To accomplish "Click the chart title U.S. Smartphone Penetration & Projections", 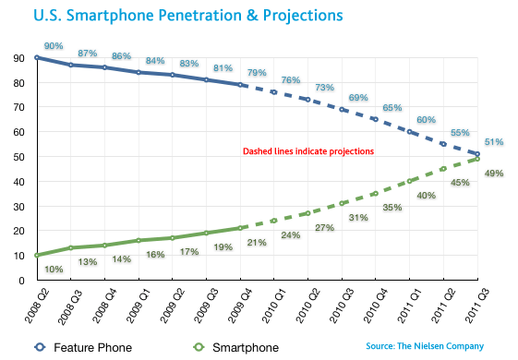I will (x=175, y=16).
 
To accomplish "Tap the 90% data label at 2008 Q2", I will (x=54, y=45).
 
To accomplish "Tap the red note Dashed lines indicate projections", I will (x=307, y=150).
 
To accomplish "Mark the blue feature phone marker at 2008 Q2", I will (x=37, y=57).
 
